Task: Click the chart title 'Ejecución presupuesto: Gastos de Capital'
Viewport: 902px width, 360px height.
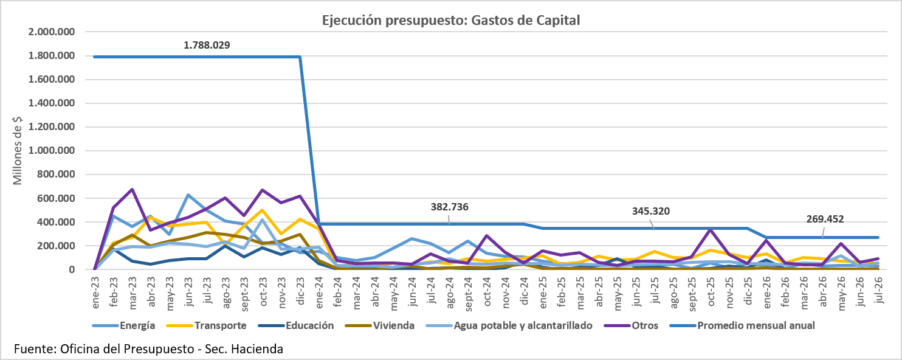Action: point(450,20)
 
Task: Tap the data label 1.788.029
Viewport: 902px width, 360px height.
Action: point(207,45)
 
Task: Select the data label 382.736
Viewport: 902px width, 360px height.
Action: point(449,207)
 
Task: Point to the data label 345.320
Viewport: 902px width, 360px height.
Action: point(651,211)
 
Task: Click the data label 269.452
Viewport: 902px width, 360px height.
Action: point(825,219)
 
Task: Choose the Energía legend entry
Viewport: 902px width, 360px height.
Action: point(124,325)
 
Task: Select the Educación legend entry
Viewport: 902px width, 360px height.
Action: point(297,325)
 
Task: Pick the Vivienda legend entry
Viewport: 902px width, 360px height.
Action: point(380,325)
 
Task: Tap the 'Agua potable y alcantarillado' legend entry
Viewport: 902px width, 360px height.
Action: point(509,325)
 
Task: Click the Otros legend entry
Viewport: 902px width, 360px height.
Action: point(632,325)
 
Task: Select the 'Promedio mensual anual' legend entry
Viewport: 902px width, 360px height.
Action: point(743,325)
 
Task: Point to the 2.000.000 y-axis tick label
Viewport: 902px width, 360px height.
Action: point(52,32)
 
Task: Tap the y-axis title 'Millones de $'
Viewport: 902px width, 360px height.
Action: point(17,151)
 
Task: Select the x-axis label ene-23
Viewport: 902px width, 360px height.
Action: point(95,292)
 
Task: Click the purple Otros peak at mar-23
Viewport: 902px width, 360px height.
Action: point(133,189)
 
